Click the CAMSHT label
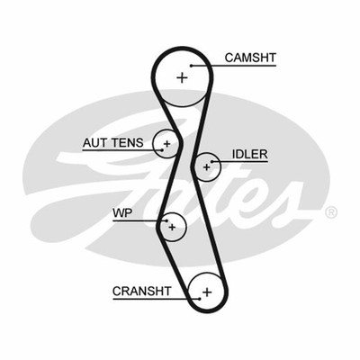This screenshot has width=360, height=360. click(250, 58)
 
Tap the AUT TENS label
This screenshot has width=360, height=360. click(113, 143)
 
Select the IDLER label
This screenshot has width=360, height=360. click(249, 154)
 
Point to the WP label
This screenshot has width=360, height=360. click(122, 213)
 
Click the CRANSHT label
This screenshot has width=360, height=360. click(142, 291)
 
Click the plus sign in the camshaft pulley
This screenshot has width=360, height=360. click(182, 77)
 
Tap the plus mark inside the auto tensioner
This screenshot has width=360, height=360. click(166, 144)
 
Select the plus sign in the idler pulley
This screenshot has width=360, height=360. click(206, 166)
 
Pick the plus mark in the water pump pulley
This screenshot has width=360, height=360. click(172, 227)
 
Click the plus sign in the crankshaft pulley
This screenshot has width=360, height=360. click(207, 292)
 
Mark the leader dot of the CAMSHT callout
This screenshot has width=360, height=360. click(191, 66)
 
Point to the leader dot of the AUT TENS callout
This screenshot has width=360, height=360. click(162, 149)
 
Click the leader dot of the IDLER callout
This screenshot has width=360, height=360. click(211, 162)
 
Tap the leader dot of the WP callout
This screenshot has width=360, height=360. click(166, 221)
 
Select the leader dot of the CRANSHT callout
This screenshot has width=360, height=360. click(200, 299)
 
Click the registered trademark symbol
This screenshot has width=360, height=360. click(331, 212)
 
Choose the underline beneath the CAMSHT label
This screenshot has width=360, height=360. click(233, 66)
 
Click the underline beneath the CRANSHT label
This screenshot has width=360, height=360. click(156, 299)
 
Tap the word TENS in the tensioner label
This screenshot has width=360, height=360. click(127, 143)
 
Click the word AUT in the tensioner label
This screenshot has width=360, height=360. click(95, 143)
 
